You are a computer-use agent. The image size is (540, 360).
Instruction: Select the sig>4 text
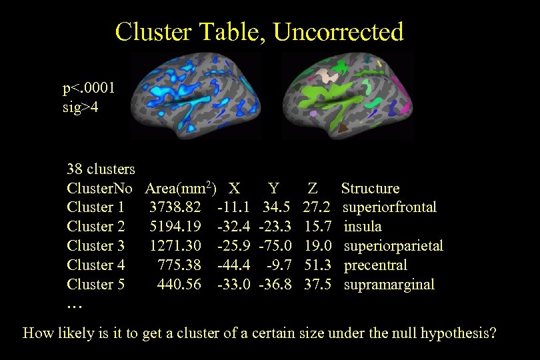pos(80,107)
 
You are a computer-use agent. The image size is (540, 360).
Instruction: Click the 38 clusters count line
pos(101,169)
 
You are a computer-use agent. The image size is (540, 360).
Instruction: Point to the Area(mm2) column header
pos(180,188)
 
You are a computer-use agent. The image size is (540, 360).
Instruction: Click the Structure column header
pos(370,189)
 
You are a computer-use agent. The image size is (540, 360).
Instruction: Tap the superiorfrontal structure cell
pos(390,207)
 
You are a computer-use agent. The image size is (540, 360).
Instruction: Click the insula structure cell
pos(363,227)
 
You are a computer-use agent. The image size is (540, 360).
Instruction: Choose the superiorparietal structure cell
pos(393,246)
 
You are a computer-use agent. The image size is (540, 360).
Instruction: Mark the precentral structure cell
pos(375,265)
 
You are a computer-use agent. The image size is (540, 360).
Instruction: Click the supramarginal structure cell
pos(389,285)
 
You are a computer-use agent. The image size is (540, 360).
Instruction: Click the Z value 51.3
pos(319,265)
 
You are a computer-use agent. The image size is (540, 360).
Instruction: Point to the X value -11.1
pos(233,207)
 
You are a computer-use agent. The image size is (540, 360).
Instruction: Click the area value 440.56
pos(179,285)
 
